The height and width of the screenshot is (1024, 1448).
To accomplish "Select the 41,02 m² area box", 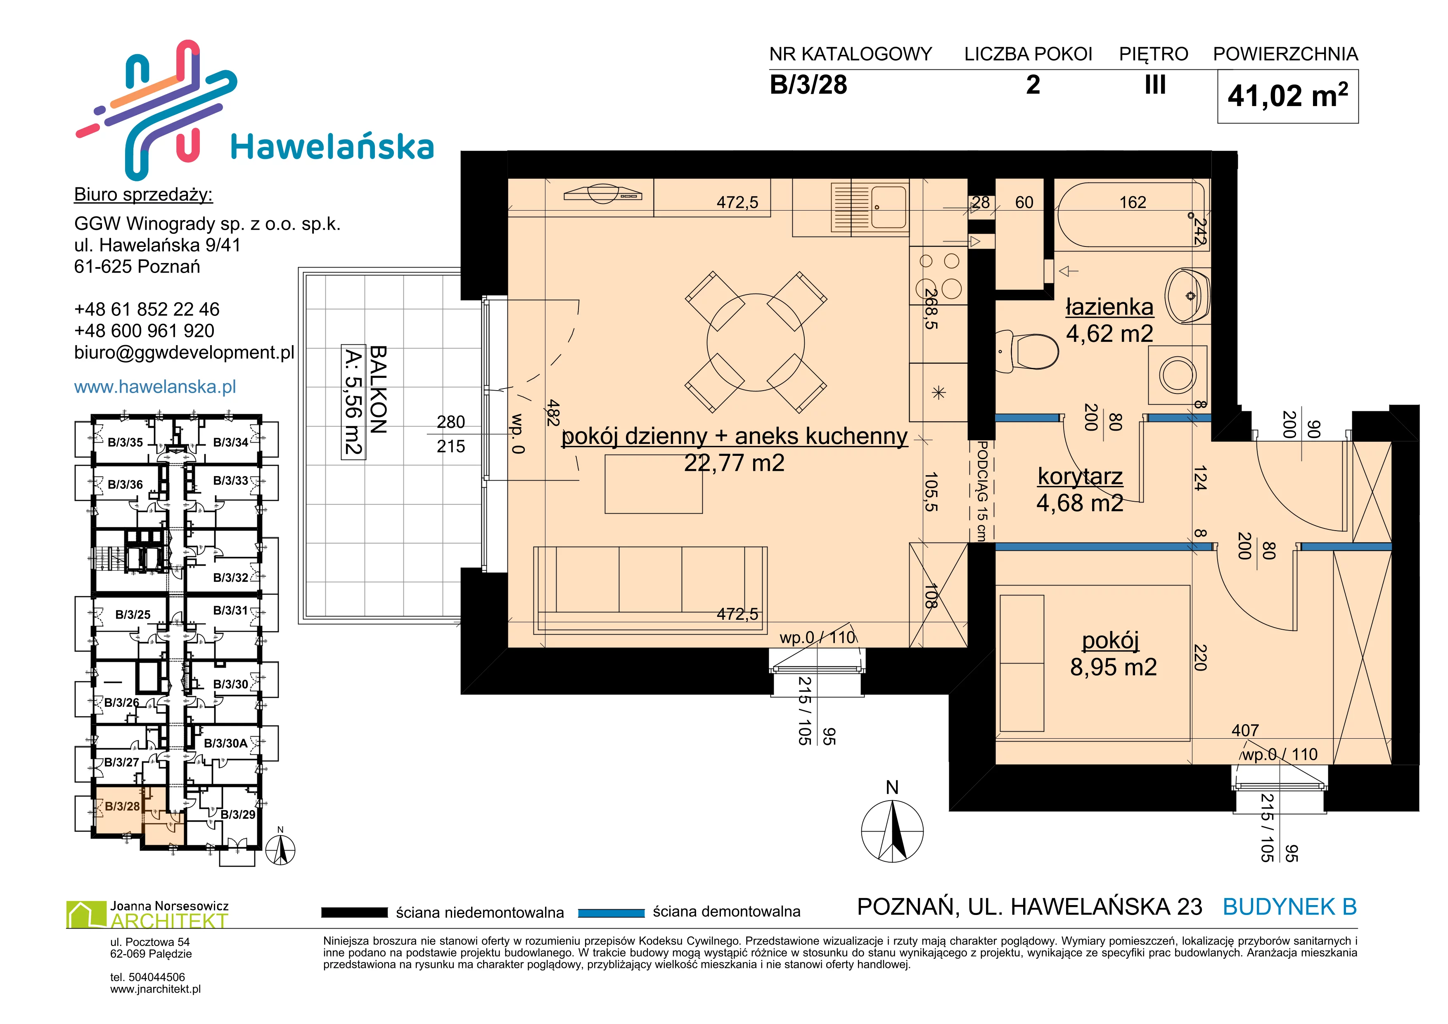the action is click(x=1287, y=97).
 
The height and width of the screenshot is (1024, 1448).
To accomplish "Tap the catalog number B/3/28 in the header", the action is click(x=808, y=85).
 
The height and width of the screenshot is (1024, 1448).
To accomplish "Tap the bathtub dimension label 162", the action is click(x=1133, y=202).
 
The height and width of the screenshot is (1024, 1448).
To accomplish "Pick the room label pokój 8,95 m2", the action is click(x=1113, y=654).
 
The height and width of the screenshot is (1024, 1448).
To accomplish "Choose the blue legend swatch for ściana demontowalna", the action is click(x=611, y=913).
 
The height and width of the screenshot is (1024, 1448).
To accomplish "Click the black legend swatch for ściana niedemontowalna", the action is click(x=354, y=913).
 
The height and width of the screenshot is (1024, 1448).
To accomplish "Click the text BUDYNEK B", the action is click(x=1290, y=907).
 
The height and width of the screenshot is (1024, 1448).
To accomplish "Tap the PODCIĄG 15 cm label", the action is click(x=981, y=491).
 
